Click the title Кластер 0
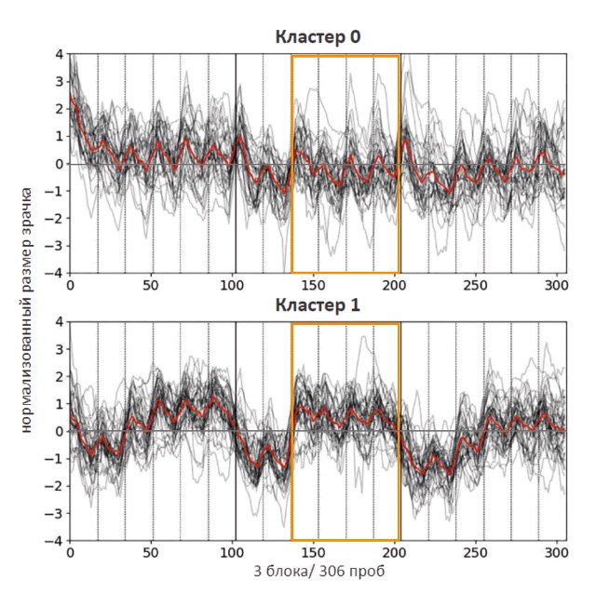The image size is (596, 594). (x=318, y=37)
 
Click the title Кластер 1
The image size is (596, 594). (x=318, y=304)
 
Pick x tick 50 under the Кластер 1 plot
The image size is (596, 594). (x=151, y=552)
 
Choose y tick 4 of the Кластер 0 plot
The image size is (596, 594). (x=59, y=55)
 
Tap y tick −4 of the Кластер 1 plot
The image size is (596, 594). (x=56, y=540)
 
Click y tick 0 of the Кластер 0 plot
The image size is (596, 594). (x=59, y=164)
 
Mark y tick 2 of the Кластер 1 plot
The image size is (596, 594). (x=59, y=377)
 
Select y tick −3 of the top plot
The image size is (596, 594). (x=56, y=246)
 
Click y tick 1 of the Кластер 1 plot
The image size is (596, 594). (x=59, y=404)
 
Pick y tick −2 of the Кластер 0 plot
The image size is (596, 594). (x=56, y=219)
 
